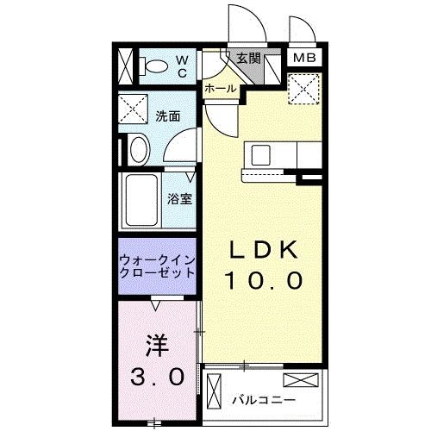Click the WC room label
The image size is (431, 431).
[x=182, y=66]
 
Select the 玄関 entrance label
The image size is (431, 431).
[x=248, y=59]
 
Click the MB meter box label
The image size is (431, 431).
[x=304, y=59]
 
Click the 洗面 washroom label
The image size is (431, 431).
[x=168, y=116]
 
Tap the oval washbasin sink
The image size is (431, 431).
[x=136, y=150]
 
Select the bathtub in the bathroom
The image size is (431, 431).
[x=140, y=200]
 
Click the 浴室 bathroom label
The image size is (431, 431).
[x=179, y=198]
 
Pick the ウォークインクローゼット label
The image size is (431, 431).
[x=157, y=264]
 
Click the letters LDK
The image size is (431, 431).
[x=263, y=250]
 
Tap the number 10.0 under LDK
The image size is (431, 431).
[x=263, y=280]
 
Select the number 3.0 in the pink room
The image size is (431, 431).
[x=158, y=376]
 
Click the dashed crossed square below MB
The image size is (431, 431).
[x=303, y=85]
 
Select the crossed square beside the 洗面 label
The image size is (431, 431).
[x=134, y=109]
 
